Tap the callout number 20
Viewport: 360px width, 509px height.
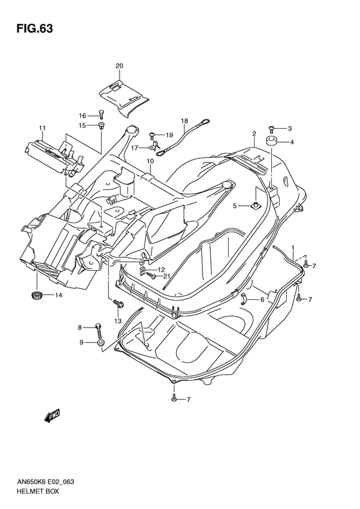pos(119,66)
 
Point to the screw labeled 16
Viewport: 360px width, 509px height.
pos(100,116)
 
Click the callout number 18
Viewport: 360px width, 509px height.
pos(166,120)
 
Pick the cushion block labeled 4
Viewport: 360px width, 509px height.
pos(271,142)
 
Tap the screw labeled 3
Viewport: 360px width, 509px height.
pos(271,129)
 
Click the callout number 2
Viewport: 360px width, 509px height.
pos(255,134)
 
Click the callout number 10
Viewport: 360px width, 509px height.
pos(149,161)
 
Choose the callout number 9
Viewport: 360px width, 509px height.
pos(82,342)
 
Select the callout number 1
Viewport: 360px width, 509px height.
pos(293,248)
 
